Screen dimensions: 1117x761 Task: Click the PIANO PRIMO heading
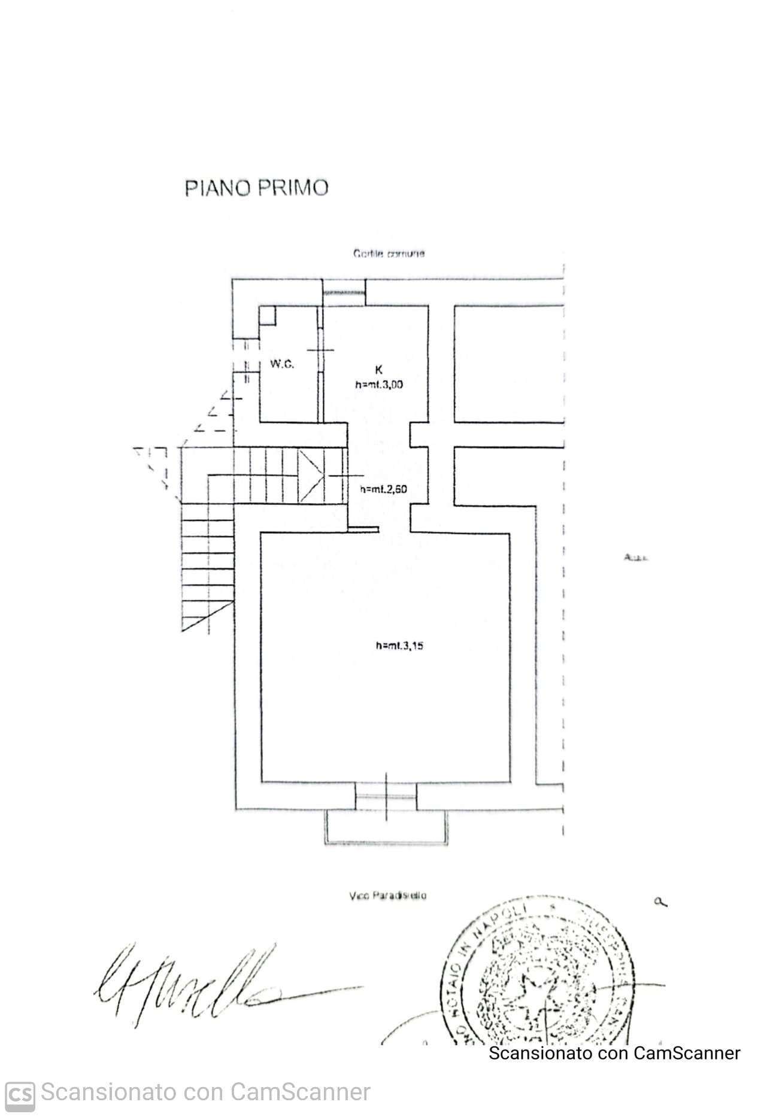[x=256, y=188]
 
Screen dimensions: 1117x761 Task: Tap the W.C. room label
[x=281, y=364]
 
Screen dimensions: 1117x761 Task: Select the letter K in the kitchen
[x=378, y=370]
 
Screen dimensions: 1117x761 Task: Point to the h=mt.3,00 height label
[x=378, y=385]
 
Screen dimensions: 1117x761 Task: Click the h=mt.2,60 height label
[x=383, y=489]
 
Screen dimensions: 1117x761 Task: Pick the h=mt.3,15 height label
[x=399, y=646]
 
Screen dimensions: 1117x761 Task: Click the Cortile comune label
[x=389, y=254]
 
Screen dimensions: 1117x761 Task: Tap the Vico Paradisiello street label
[x=387, y=896]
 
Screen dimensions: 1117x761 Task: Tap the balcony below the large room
[x=386, y=827]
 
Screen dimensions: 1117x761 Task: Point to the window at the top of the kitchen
[x=344, y=292]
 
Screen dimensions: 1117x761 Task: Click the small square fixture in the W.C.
[x=268, y=315]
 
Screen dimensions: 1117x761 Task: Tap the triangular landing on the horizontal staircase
[x=310, y=476]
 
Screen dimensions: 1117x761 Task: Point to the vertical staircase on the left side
[x=207, y=567]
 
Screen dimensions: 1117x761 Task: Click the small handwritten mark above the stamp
[x=660, y=902]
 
